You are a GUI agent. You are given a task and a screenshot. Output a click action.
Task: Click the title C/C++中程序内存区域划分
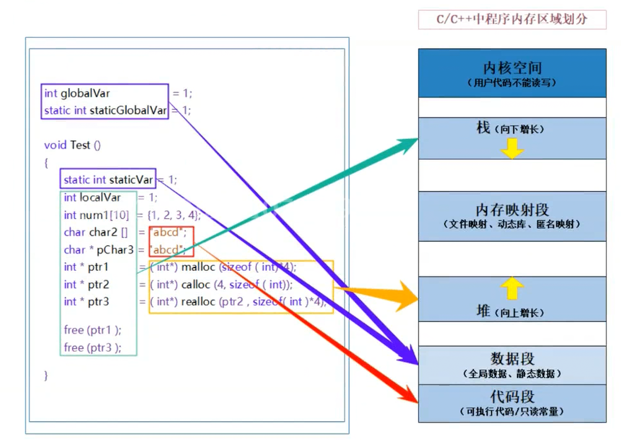(512, 20)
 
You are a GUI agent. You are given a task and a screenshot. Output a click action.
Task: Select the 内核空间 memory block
(512, 73)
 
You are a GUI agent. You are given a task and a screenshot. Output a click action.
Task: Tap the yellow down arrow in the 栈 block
(512, 148)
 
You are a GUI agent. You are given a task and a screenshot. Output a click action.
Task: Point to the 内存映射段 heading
(512, 210)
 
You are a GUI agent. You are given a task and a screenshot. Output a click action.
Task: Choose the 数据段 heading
(512, 359)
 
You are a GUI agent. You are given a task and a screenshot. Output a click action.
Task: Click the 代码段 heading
(512, 396)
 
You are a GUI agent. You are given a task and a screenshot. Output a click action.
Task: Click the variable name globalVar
(85, 93)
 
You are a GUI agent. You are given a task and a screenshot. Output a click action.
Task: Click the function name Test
(80, 145)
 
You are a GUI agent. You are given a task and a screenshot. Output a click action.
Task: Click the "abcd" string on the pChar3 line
(168, 250)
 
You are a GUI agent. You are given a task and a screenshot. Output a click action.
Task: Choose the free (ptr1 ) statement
(92, 330)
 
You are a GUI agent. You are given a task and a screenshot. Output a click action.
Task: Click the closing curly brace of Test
(46, 375)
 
